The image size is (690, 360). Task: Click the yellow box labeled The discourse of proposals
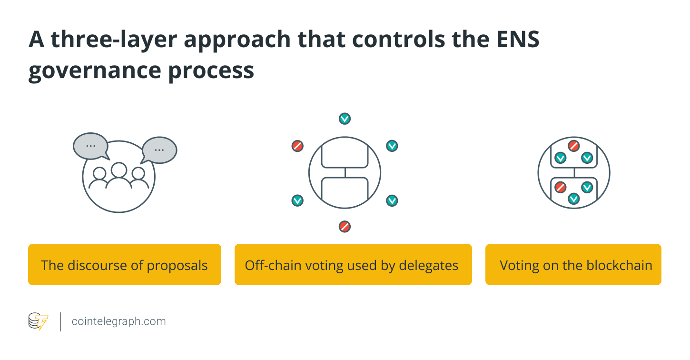(x=124, y=265)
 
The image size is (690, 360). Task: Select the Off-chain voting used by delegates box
(x=353, y=265)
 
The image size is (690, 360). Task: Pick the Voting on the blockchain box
(x=573, y=265)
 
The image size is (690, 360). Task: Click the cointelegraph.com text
(x=118, y=321)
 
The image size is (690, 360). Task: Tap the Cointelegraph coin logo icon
(x=38, y=321)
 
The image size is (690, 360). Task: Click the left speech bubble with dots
(x=90, y=146)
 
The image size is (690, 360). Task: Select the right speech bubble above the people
(x=159, y=150)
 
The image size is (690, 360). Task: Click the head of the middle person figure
(x=118, y=170)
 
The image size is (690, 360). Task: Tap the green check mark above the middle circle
(x=345, y=119)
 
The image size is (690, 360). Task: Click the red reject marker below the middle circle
(x=345, y=227)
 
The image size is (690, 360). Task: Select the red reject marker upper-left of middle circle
(x=297, y=146)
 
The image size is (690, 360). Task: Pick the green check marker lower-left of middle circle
(x=297, y=200)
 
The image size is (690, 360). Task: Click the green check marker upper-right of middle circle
(x=392, y=146)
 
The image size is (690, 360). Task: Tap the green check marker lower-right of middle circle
(x=392, y=200)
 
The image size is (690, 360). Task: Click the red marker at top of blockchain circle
(x=573, y=146)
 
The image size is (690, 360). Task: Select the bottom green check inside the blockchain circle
(x=573, y=199)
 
